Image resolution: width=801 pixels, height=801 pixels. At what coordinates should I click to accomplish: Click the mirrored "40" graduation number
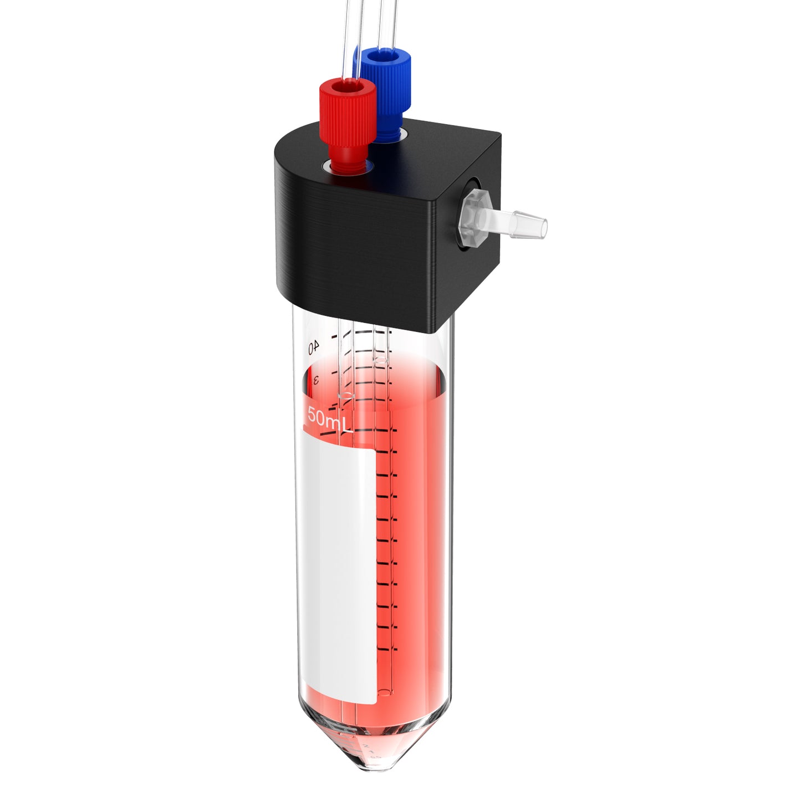click(x=314, y=347)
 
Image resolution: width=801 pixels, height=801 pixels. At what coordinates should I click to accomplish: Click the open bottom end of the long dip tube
click(x=384, y=691)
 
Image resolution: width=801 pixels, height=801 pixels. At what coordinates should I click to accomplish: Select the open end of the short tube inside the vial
click(x=346, y=395)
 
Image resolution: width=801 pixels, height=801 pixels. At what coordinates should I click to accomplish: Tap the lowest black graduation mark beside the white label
click(x=387, y=649)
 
